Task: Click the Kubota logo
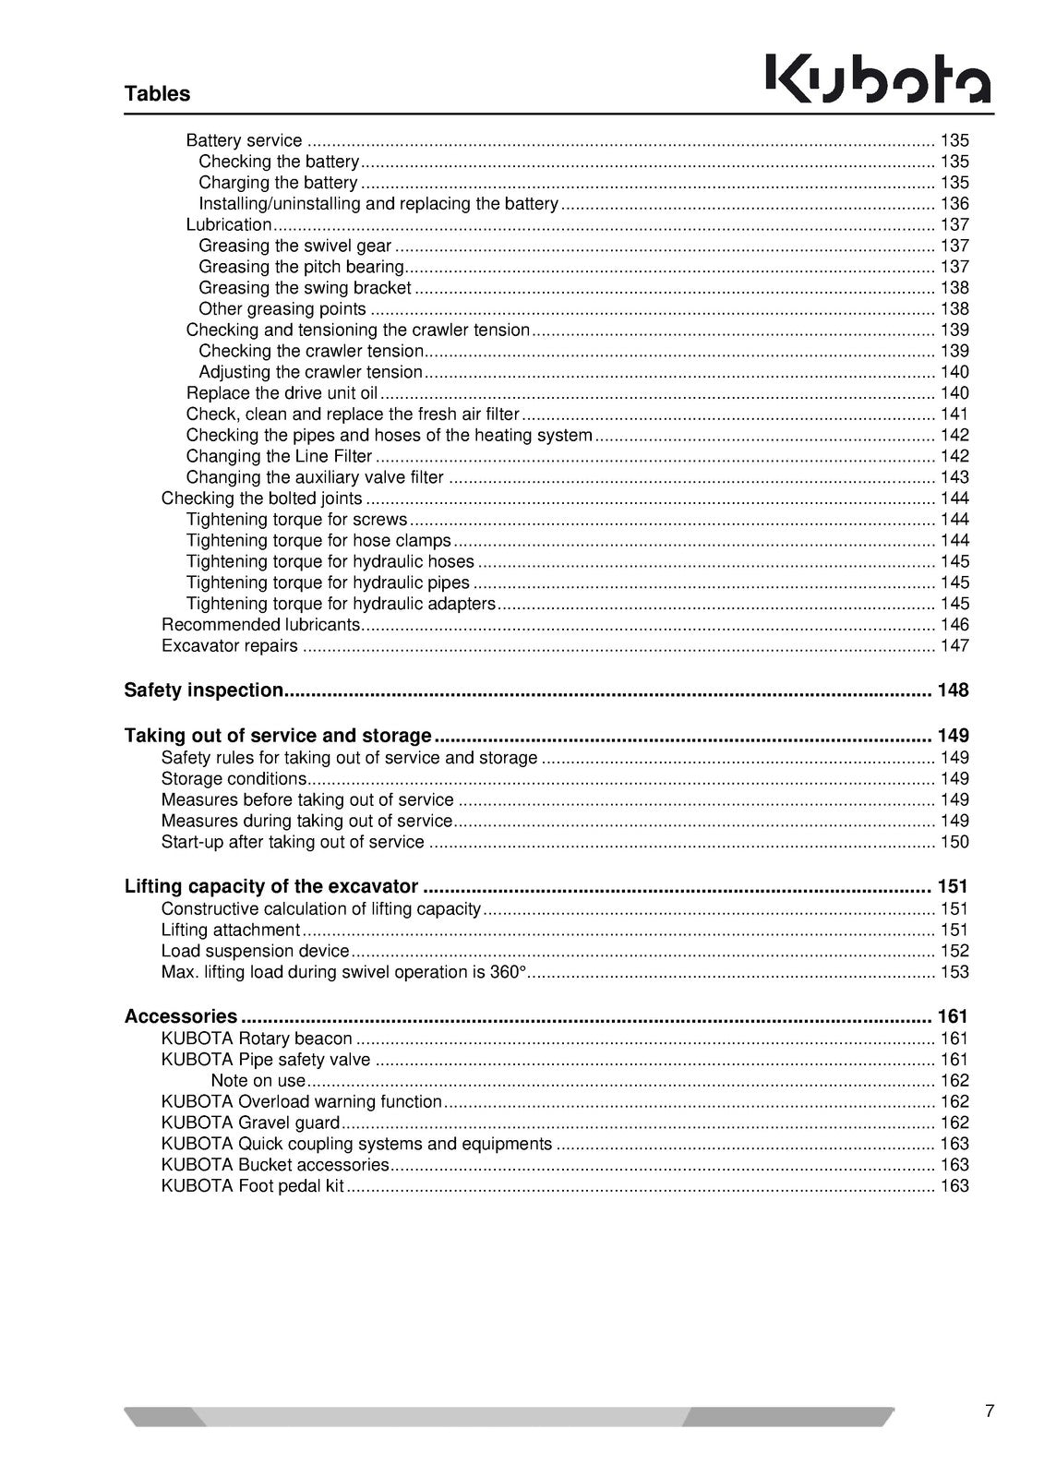[878, 78]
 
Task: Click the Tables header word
[157, 93]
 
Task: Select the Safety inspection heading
[204, 690]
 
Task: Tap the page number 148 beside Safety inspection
[953, 690]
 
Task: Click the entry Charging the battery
[278, 183]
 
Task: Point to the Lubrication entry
[229, 224]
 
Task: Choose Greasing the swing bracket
[305, 288]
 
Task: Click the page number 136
[954, 204]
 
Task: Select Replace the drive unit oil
[282, 393]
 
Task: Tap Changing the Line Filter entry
[279, 456]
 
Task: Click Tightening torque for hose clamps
[318, 541]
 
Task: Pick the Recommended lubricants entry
[260, 625]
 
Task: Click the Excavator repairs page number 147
[954, 646]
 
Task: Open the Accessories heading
[181, 1016]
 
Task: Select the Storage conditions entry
[234, 779]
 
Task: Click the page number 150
[954, 842]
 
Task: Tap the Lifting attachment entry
[231, 930]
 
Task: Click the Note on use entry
[258, 1081]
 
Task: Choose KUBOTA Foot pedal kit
[252, 1186]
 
